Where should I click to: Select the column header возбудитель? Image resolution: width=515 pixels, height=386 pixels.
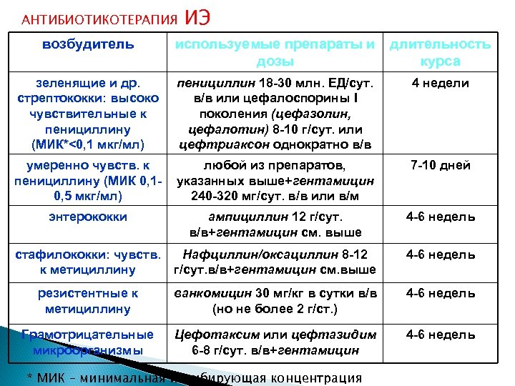(x=88, y=44)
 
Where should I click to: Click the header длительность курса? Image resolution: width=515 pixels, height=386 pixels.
(x=440, y=52)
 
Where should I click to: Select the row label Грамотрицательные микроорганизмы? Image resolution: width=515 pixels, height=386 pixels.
(x=88, y=342)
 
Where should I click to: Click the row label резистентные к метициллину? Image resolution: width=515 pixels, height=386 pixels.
(x=88, y=301)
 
